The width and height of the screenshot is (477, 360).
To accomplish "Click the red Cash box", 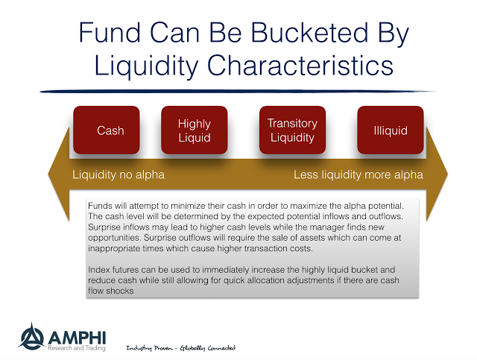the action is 107,130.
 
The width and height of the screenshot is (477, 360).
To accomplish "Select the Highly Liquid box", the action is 195,130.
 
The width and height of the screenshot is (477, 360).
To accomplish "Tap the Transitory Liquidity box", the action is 292,130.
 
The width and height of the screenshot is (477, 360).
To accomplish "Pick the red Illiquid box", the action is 391,130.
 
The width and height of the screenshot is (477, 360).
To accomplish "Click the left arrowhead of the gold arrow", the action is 59,174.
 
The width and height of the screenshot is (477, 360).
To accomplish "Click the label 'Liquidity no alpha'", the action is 119,174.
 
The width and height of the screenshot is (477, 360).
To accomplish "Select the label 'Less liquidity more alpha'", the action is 358,174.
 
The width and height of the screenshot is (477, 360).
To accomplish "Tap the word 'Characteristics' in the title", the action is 300,66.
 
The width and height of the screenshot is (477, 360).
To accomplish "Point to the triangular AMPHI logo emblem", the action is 31,337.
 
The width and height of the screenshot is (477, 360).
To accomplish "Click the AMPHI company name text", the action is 77,338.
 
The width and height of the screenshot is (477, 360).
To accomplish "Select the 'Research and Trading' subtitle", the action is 77,348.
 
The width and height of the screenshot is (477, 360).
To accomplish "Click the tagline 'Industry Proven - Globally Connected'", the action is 180,348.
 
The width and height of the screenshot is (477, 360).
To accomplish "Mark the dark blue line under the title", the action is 238,91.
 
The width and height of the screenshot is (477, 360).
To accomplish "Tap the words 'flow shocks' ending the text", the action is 111,291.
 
